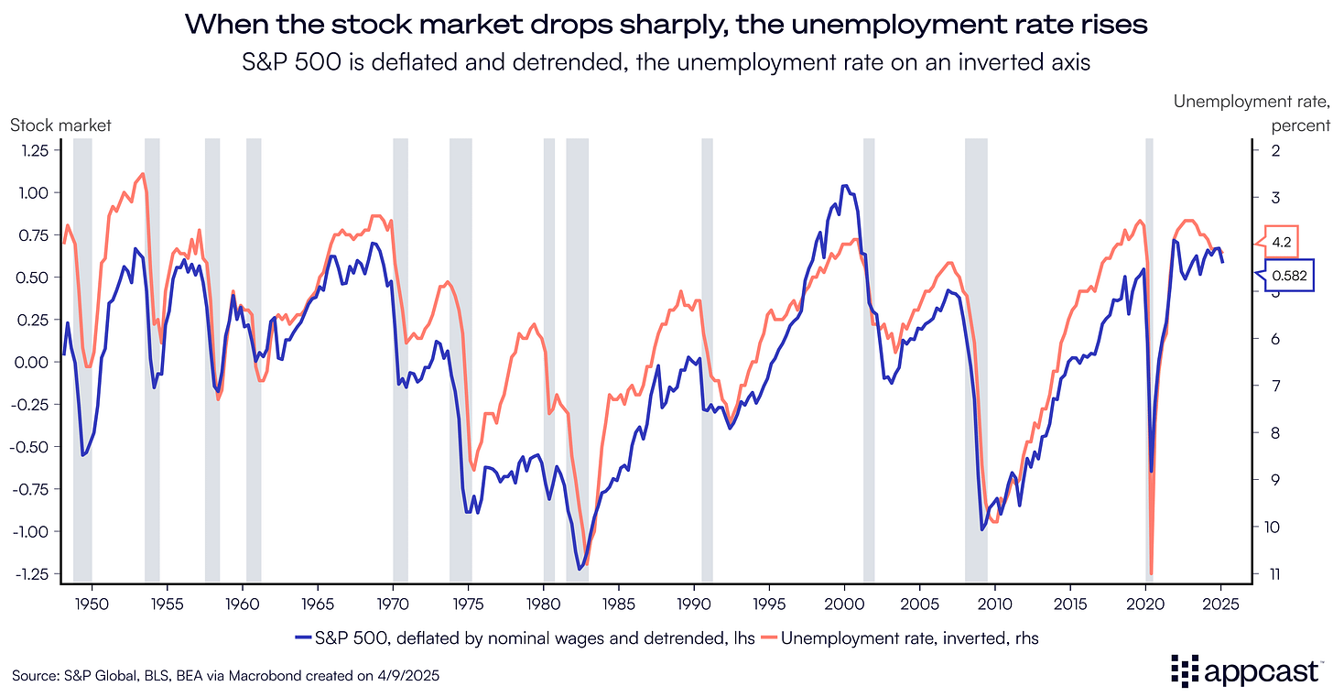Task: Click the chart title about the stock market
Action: point(666,25)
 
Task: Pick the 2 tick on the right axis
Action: point(1274,150)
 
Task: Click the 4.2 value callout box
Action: point(1282,243)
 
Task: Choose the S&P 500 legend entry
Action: point(525,638)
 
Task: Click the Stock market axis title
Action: point(60,125)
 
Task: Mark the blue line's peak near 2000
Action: point(845,186)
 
